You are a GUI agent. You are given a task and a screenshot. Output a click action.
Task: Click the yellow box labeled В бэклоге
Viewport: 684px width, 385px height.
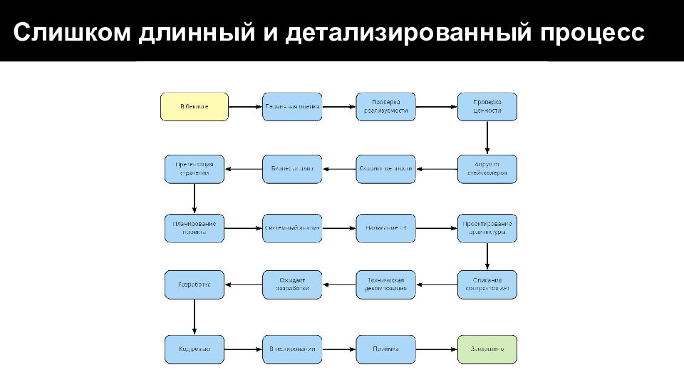point(195,106)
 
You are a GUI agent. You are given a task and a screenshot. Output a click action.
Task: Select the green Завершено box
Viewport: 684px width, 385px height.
point(487,349)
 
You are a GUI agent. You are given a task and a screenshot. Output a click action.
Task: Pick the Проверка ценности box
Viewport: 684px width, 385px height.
point(487,106)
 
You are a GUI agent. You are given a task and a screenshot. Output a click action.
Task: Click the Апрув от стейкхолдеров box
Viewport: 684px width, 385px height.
point(487,168)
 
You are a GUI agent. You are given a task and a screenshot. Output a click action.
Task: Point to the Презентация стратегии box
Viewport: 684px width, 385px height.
point(195,168)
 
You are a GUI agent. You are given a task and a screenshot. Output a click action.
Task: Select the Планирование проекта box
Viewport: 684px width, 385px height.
point(195,227)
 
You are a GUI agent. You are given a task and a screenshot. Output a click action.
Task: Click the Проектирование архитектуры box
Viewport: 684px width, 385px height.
point(487,227)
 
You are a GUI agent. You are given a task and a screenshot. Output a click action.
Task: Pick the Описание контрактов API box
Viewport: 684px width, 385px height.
point(487,284)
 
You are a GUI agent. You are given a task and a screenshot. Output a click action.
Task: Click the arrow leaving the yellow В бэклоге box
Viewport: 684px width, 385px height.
point(245,107)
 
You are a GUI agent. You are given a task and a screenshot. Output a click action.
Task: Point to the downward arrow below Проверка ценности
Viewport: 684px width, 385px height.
point(487,137)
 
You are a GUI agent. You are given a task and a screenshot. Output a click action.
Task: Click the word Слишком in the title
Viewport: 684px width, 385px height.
point(65,32)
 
